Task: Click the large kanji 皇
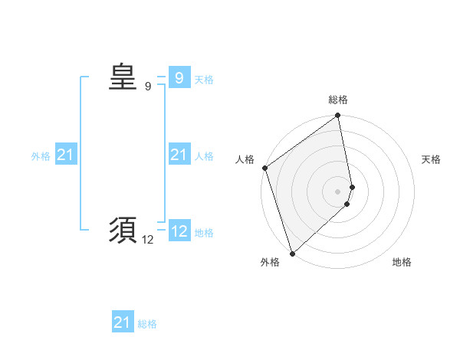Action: [122, 77]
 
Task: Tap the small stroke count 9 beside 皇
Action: [148, 87]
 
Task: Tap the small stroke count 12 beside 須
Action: [147, 240]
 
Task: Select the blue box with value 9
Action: [179, 78]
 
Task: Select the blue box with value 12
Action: [179, 231]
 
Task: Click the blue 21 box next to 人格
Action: [179, 155]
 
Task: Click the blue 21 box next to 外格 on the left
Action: [65, 155]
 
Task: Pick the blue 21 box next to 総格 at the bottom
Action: [122, 322]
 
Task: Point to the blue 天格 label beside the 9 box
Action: [204, 80]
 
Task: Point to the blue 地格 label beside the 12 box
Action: [204, 233]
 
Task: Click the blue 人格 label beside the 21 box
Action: [204, 156]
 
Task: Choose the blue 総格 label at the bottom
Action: [147, 324]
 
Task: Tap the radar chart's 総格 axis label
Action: [338, 100]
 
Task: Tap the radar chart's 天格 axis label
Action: [431, 159]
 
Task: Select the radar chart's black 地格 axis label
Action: [402, 263]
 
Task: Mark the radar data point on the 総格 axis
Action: [338, 116]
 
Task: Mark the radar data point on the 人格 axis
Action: [264, 168]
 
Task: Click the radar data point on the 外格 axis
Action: [292, 253]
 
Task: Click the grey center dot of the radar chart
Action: [338, 191]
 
